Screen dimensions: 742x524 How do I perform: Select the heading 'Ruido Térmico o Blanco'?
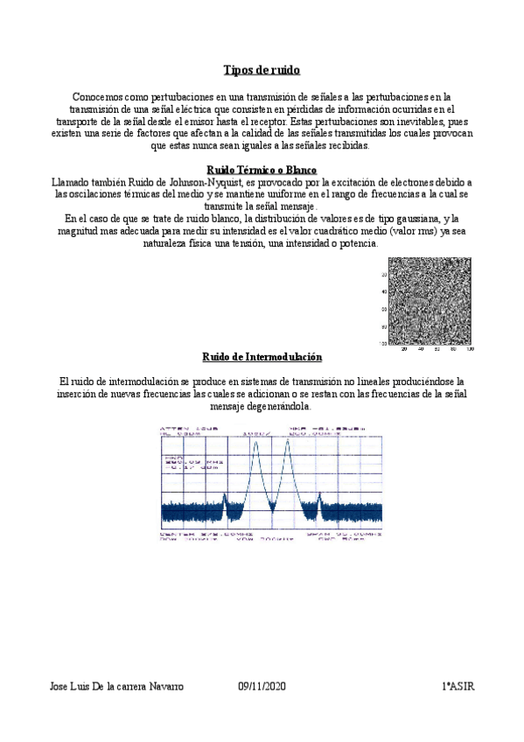click(261, 169)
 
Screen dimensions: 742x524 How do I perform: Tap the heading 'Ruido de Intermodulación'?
click(262, 357)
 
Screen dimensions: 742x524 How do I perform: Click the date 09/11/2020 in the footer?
click(262, 687)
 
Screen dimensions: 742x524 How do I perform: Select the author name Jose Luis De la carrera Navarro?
click(115, 687)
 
